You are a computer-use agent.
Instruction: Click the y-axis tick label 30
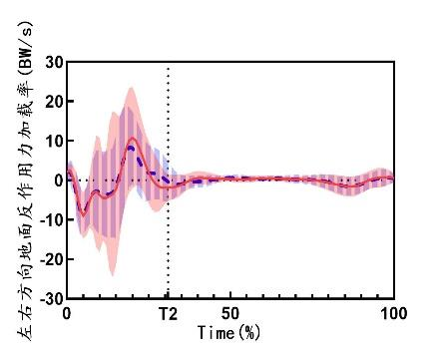[54, 62]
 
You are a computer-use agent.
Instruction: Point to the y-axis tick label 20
[54, 102]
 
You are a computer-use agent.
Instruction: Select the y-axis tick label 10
[54, 141]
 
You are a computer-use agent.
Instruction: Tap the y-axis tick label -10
[51, 219]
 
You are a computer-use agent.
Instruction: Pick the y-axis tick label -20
[51, 259]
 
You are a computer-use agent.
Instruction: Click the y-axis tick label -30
[51, 298]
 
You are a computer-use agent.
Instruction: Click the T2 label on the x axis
[168, 314]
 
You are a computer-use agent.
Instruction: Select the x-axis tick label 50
[230, 313]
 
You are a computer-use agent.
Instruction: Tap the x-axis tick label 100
[393, 313]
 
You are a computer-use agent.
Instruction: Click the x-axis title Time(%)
[228, 332]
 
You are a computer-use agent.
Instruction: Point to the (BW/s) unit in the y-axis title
[26, 49]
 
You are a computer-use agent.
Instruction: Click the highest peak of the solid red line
[133, 137]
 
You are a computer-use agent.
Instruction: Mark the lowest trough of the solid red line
[83, 215]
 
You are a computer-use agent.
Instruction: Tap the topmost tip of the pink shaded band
[131, 88]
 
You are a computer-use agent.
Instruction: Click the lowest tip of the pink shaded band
[113, 276]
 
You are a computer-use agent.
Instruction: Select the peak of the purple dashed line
[131, 147]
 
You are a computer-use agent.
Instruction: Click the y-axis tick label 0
[59, 180]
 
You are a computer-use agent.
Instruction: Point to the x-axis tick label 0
[67, 313]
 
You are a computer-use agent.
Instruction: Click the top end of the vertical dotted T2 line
[168, 69]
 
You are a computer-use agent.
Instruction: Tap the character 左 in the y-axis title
[26, 333]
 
